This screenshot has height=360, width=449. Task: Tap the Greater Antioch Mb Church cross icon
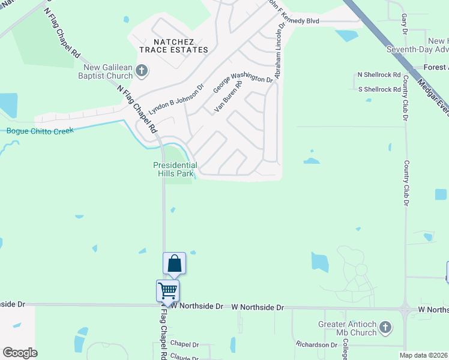click(x=385, y=328)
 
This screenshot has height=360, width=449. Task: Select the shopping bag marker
click(x=174, y=263)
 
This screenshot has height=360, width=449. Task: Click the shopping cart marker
click(x=167, y=291)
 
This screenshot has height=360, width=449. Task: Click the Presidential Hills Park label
click(x=175, y=169)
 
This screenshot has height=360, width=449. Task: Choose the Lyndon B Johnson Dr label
click(x=177, y=103)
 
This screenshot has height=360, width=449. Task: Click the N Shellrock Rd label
click(x=379, y=74)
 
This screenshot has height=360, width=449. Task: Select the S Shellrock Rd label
click(x=379, y=89)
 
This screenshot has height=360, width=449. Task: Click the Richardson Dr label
click(x=316, y=345)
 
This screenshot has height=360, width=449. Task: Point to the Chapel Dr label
click(x=184, y=344)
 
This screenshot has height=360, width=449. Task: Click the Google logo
click(x=20, y=353)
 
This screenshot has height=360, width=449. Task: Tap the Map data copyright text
click(x=423, y=355)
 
